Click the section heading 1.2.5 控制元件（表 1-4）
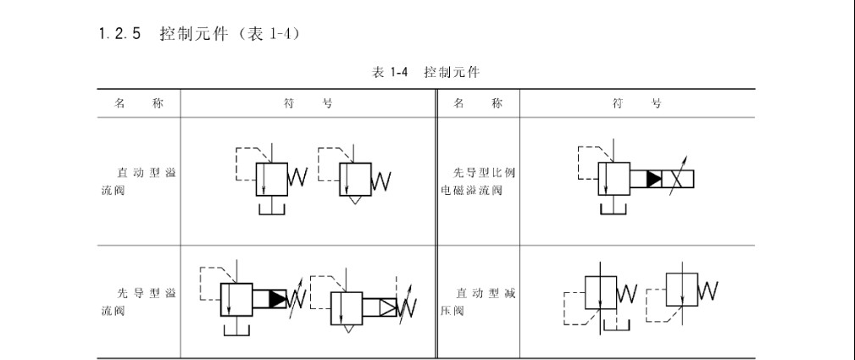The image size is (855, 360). pos(199,34)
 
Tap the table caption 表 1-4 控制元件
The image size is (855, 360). pos(425,72)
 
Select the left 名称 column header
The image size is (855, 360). pos(138,103)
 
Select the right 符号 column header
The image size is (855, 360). pos(637,103)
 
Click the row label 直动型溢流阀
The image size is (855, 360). pos(138,181)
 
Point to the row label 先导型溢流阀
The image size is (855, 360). pos(138,302)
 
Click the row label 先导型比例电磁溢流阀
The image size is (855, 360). pos(478,181)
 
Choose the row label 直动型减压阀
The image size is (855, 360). pos(478,302)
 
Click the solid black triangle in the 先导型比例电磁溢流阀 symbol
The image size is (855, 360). pos(654,179)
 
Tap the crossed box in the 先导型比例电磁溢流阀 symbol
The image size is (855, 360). pos(678,179)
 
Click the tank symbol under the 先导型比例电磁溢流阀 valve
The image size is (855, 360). pos(614,209)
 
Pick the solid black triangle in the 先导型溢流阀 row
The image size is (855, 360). pos(277,298)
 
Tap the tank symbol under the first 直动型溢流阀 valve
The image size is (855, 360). pos(272,208)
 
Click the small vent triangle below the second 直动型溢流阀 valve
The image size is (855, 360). pos(355,200)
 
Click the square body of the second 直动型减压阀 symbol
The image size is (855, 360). pos(681,290)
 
